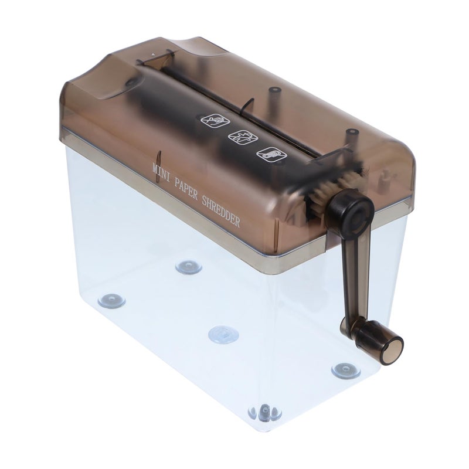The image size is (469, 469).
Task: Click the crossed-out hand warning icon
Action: coord(215,121)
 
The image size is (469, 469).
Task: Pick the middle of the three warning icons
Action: coord(243,138)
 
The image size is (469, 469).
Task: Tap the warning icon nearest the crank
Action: coord(271,154)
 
